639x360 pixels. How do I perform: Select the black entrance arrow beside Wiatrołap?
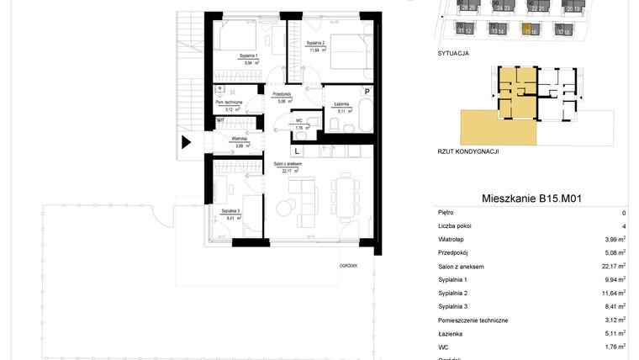click(x=187, y=143)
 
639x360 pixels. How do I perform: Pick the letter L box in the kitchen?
click(x=296, y=151)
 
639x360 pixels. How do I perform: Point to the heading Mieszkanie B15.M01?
click(x=532, y=199)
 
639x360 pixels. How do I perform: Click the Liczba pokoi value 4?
click(x=623, y=226)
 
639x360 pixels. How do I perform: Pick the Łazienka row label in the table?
click(x=452, y=332)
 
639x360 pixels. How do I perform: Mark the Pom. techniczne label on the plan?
click(x=229, y=102)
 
